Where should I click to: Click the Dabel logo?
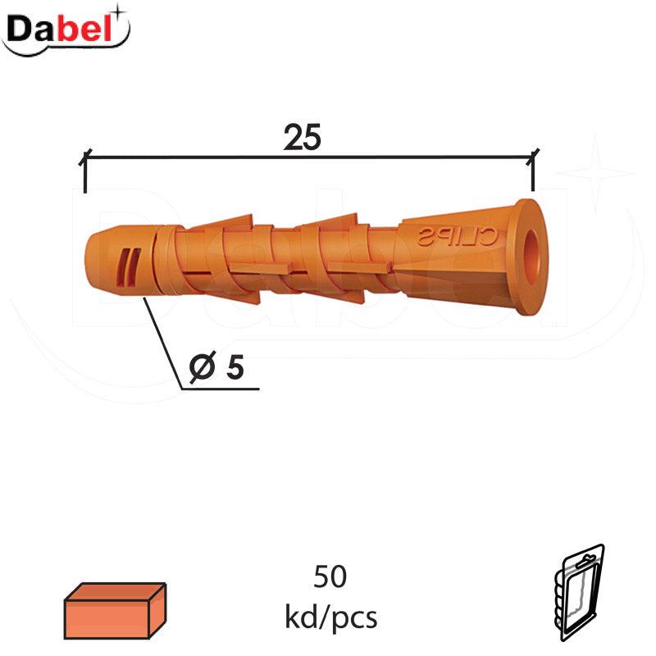[x=66, y=30]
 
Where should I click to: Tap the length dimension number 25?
[x=303, y=137]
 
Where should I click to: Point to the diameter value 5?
[x=235, y=367]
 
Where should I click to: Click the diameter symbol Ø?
[x=203, y=367]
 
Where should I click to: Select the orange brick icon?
[x=115, y=610]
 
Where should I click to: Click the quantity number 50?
[x=330, y=576]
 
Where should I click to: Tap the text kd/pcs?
[x=331, y=617]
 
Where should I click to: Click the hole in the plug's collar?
[x=532, y=257]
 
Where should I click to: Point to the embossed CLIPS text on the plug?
[x=457, y=237]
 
